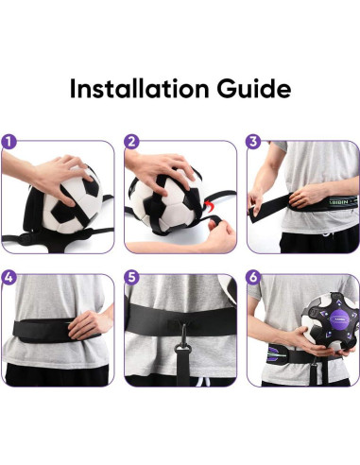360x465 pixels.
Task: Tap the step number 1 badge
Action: pyautogui.click(x=9, y=143)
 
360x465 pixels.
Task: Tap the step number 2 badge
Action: pyautogui.click(x=131, y=143)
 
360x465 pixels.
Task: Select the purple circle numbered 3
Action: pyautogui.click(x=253, y=143)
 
